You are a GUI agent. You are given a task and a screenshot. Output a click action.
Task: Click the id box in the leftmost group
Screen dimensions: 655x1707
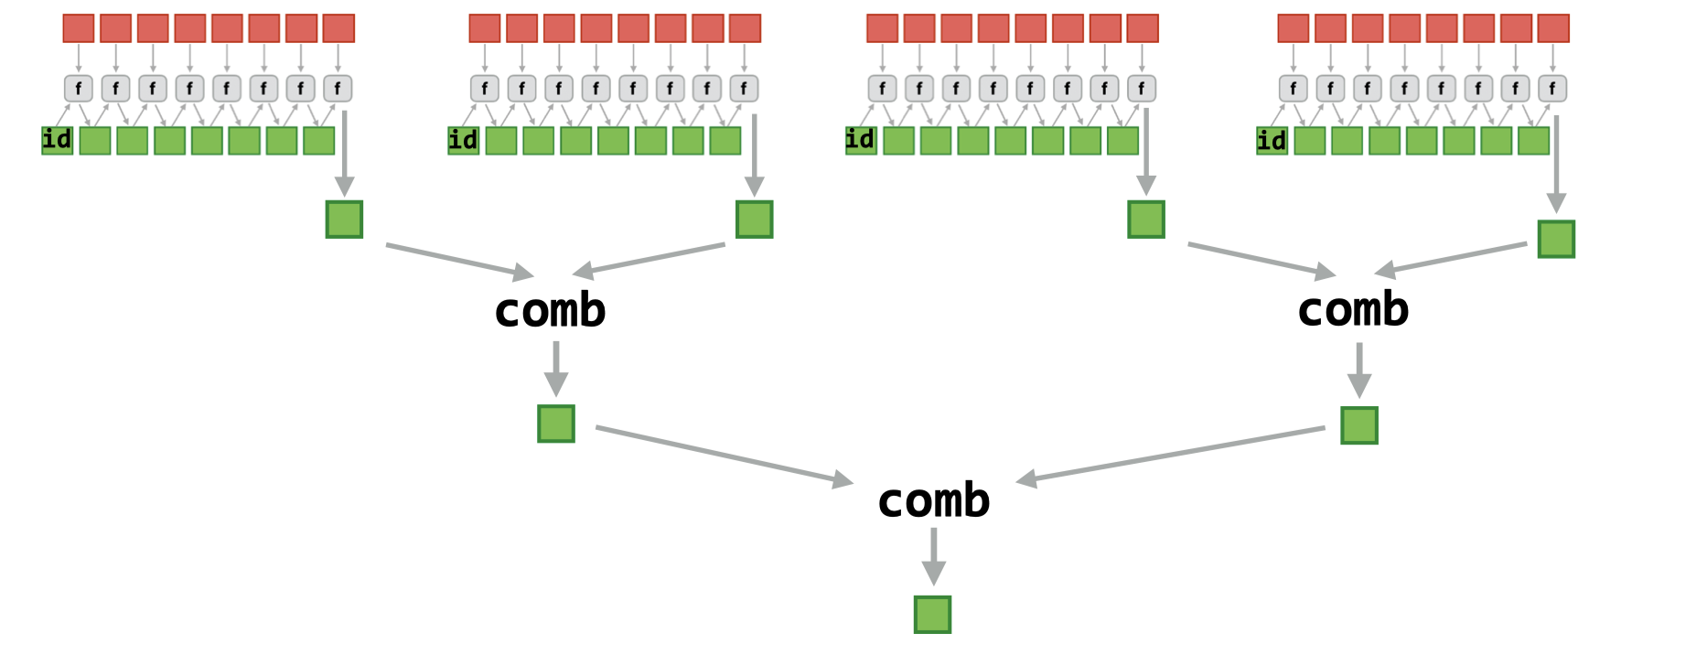pyautogui.click(x=57, y=140)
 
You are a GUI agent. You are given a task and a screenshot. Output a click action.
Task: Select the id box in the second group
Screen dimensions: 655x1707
pyautogui.click(x=463, y=140)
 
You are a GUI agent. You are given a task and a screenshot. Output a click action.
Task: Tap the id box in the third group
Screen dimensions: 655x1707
pyautogui.click(x=860, y=140)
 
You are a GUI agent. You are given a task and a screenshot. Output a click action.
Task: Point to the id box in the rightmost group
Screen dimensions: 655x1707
pyautogui.click(x=1272, y=140)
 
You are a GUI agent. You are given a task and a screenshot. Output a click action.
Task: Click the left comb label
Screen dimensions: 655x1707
pyautogui.click(x=550, y=310)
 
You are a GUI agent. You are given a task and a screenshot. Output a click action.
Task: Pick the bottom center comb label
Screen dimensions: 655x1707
pyautogui.click(x=933, y=500)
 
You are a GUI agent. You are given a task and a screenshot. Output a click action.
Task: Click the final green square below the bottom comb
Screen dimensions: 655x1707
pyautogui.click(x=932, y=615)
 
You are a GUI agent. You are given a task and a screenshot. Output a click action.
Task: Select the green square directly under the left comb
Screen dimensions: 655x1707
pyautogui.click(x=556, y=424)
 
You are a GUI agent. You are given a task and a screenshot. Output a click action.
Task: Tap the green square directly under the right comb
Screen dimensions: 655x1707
pyautogui.click(x=1358, y=425)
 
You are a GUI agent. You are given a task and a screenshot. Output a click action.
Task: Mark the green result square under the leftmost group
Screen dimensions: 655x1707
pyautogui.click(x=344, y=220)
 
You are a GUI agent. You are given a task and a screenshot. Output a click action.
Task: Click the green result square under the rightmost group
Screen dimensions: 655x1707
pyautogui.click(x=1555, y=239)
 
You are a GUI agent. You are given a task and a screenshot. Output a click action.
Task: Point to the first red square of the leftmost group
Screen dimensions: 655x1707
pyautogui.click(x=79, y=28)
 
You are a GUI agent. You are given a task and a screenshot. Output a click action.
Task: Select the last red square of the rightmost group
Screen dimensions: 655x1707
pyautogui.click(x=1552, y=28)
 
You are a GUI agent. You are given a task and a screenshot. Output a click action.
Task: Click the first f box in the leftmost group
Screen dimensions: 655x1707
pyautogui.click(x=79, y=89)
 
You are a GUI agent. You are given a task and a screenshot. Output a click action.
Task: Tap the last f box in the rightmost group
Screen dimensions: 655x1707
pyautogui.click(x=1552, y=89)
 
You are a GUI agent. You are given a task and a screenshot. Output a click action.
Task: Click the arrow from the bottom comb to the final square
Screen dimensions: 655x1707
pyautogui.click(x=933, y=556)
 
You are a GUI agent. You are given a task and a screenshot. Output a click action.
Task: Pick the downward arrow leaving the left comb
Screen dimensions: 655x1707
pyautogui.click(x=556, y=369)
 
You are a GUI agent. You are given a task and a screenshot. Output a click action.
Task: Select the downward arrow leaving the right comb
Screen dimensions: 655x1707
pyautogui.click(x=1358, y=370)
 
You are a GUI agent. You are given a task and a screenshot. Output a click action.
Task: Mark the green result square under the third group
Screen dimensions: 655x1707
pyautogui.click(x=1145, y=220)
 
